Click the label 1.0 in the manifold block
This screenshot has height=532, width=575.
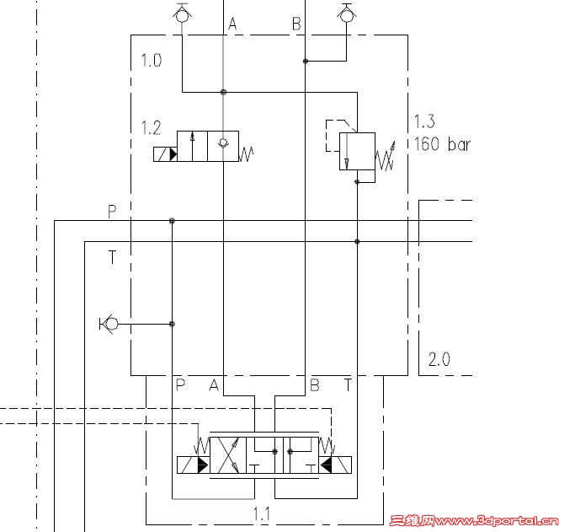pos(152,60)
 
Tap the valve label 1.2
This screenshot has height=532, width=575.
pos(151,128)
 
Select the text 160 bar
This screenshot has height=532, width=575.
pos(442,144)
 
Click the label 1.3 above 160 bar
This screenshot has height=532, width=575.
pos(424,121)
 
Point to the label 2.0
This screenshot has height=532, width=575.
pos(439,359)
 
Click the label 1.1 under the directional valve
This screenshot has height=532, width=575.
pos(262,513)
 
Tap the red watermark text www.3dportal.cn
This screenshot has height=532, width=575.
pos(498,521)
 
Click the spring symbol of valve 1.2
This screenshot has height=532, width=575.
pos(246,153)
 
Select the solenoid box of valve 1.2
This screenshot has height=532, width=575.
pos(165,154)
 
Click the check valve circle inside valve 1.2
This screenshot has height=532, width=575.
pos(223,142)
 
